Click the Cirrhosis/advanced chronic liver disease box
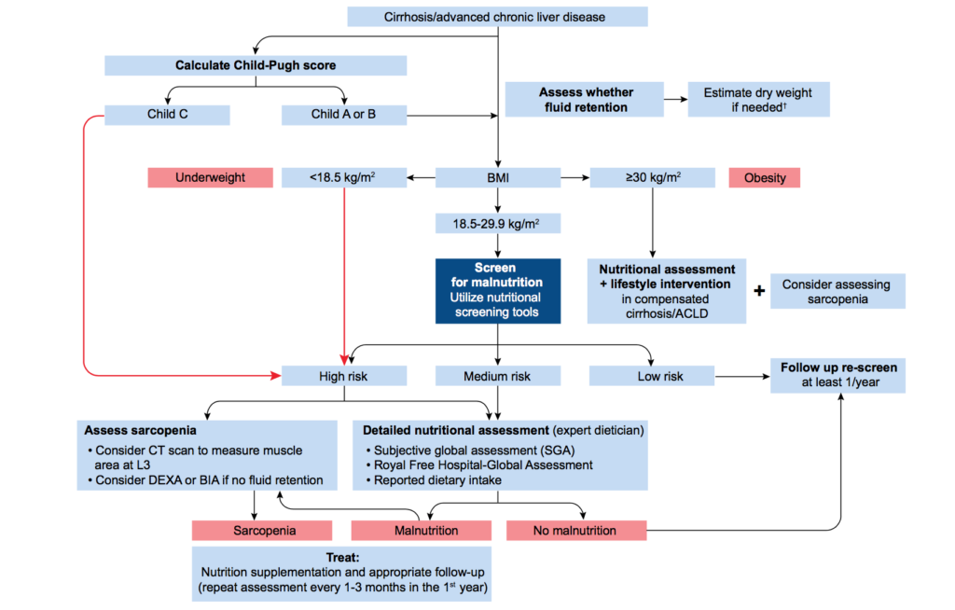point(497,18)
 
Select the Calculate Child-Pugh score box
point(256,65)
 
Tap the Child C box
point(167,115)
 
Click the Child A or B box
point(344,115)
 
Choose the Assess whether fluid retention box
point(585,100)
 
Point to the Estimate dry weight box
point(757,100)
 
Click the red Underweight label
point(210,177)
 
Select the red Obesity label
point(765,177)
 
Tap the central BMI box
point(497,177)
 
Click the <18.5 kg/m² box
point(344,177)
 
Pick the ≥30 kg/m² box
point(652,177)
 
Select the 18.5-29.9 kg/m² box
point(497,224)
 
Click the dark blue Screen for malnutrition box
point(497,290)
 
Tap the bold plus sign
point(759,291)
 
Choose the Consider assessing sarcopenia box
point(836,291)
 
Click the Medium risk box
point(497,376)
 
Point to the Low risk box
point(652,376)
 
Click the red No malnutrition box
point(575,530)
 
